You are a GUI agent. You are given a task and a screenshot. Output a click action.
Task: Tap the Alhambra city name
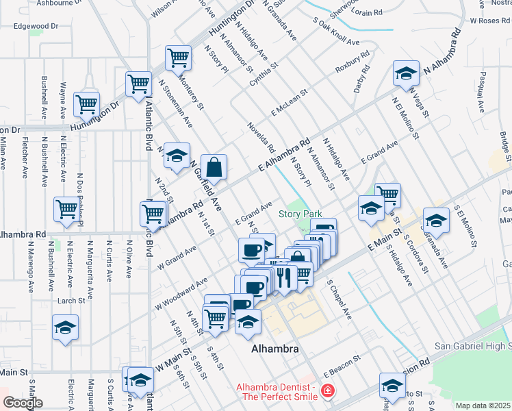tap(274, 349)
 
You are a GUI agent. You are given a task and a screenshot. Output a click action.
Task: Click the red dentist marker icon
tap(328, 391)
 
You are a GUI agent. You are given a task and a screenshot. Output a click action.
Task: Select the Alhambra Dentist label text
tap(277, 391)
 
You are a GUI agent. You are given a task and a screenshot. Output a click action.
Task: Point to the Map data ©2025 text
tap(483, 406)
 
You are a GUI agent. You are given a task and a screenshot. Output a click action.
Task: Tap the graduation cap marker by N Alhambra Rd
tap(406, 73)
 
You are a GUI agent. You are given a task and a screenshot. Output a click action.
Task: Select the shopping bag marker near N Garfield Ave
tap(214, 167)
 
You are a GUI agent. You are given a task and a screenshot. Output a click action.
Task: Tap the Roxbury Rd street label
tap(352, 62)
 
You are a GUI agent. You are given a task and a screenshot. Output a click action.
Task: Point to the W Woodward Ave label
tap(181, 292)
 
